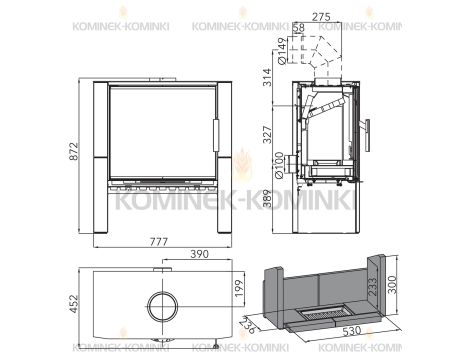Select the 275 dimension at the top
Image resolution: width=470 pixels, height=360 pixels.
pos(321,17)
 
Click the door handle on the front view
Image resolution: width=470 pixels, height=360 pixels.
pos(213,130)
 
